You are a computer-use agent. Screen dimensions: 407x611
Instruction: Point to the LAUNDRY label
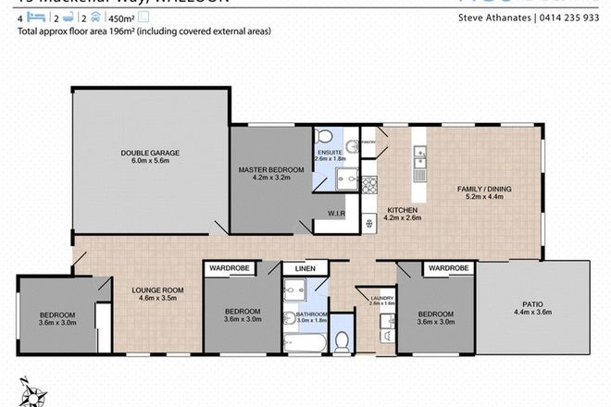click(381, 299)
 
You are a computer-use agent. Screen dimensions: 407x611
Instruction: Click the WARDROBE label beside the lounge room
click(229, 268)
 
